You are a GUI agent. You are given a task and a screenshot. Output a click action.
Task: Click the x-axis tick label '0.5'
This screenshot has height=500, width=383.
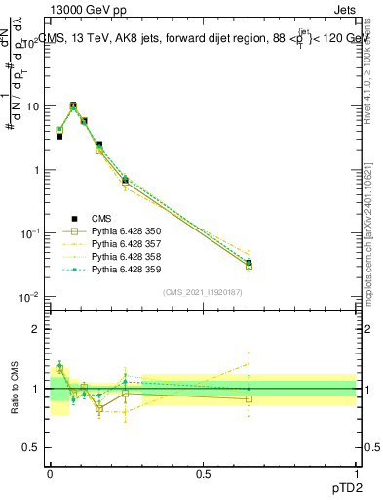click(x=203, y=473)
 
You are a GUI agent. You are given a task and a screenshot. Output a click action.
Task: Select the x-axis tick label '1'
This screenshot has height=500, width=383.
click(x=357, y=473)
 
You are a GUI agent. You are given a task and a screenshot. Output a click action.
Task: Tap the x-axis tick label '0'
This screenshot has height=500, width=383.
click(x=50, y=473)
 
